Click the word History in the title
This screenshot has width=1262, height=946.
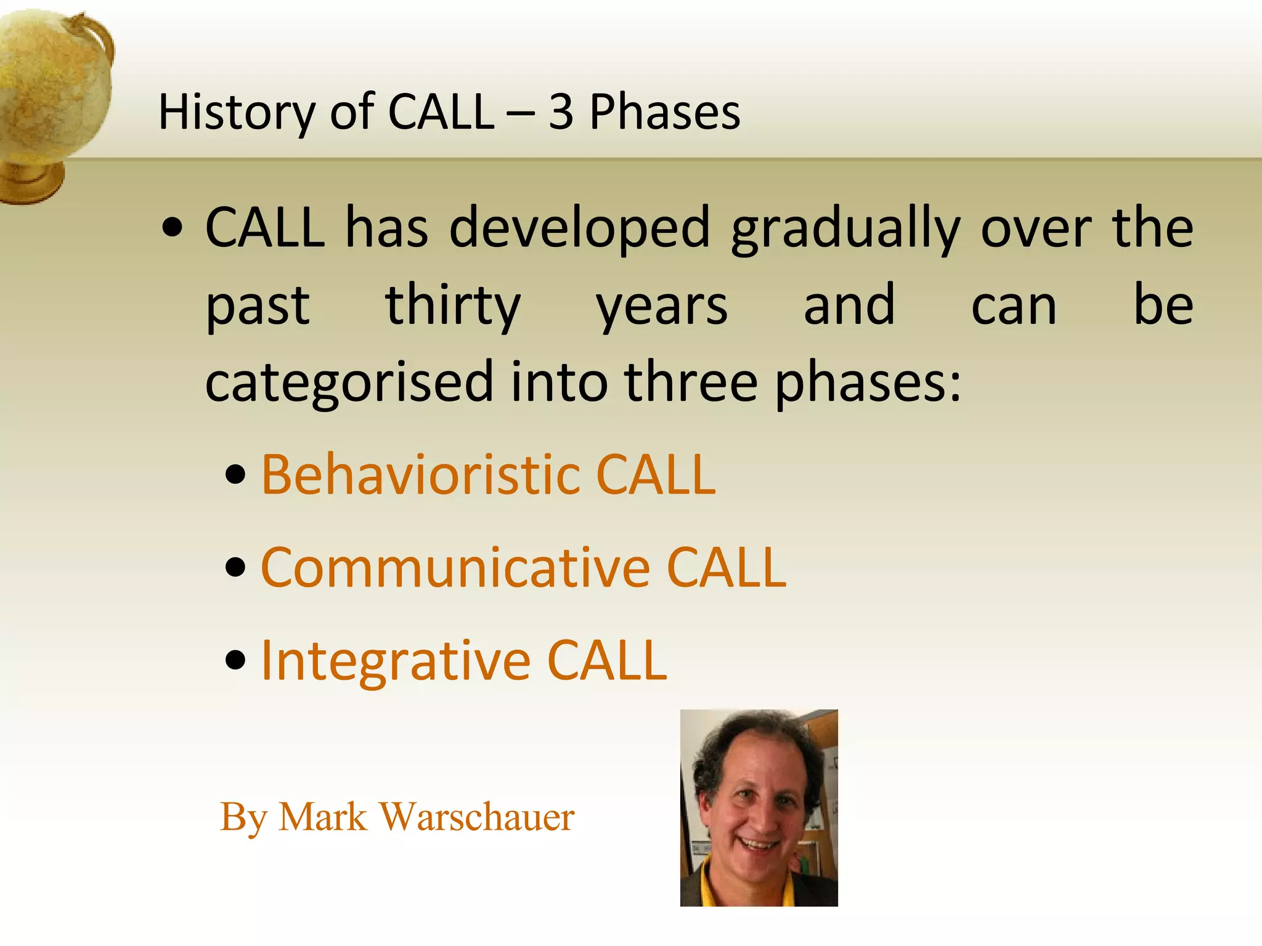tap(235, 113)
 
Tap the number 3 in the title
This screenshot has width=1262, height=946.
tap(561, 113)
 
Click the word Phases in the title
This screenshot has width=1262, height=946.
tap(665, 113)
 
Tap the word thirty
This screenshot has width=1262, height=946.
tap(453, 306)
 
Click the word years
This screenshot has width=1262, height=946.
tap(662, 306)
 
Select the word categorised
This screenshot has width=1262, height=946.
tap(349, 383)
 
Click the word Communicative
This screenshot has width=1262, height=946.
tap(455, 568)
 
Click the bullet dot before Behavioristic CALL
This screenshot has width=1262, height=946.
tap(235, 475)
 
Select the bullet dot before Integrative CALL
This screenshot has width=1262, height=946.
tap(235, 661)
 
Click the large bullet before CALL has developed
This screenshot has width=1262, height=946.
tap(173, 228)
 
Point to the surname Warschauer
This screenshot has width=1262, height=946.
tap(476, 817)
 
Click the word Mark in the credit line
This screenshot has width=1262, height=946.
tap(322, 817)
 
